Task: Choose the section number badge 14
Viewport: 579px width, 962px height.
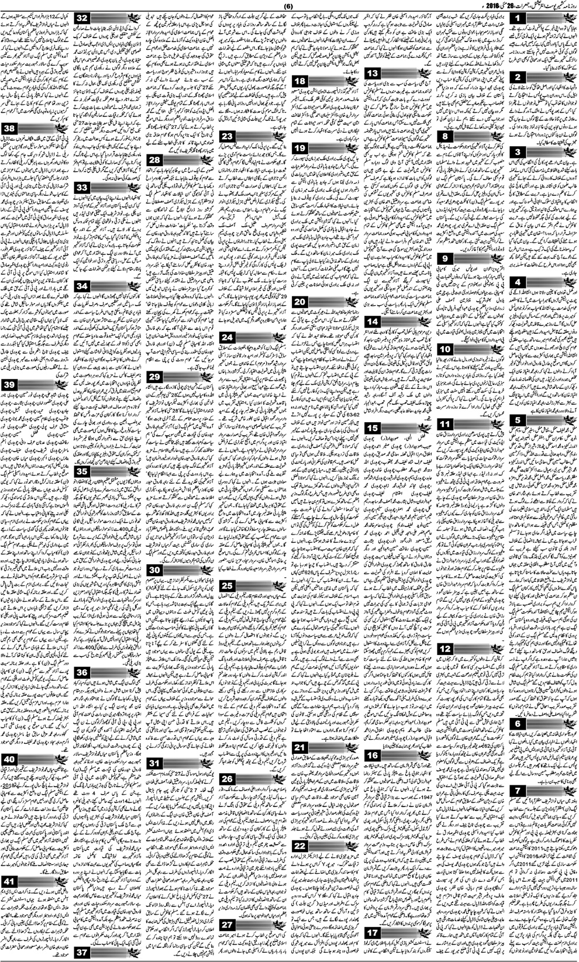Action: (x=373, y=321)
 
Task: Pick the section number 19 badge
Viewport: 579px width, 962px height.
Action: (x=300, y=149)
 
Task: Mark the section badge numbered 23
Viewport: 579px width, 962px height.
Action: (x=228, y=137)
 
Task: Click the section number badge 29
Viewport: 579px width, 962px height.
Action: (x=155, y=377)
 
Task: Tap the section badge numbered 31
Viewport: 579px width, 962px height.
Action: (x=155, y=763)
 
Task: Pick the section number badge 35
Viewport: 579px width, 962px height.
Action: (x=82, y=471)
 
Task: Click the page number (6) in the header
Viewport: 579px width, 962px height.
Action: (x=288, y=6)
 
